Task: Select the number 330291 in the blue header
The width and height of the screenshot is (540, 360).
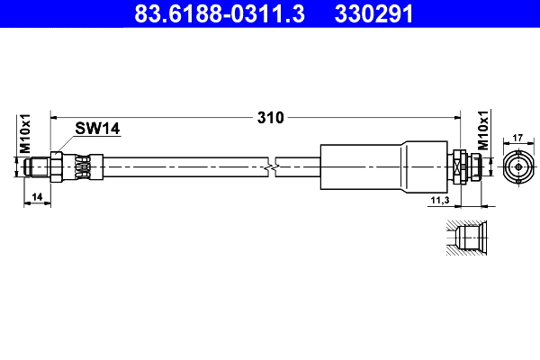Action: (x=374, y=13)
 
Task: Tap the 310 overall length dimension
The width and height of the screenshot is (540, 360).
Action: (x=271, y=118)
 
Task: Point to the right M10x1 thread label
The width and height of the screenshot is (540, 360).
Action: (x=482, y=131)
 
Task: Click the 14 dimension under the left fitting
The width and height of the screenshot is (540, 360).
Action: (x=36, y=195)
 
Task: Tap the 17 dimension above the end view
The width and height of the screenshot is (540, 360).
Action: (x=517, y=138)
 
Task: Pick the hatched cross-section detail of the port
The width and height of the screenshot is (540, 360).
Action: (x=467, y=238)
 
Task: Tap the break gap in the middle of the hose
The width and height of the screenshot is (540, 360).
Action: (x=272, y=167)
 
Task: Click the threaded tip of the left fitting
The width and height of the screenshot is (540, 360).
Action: (x=37, y=167)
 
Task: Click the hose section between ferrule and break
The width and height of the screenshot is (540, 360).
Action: (x=180, y=167)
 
